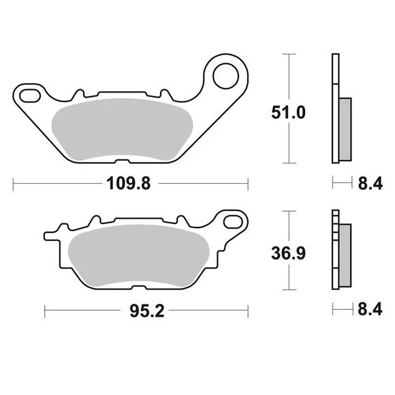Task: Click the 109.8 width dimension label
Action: [x=129, y=183]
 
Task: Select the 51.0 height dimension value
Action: [x=289, y=112]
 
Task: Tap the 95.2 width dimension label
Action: [x=147, y=311]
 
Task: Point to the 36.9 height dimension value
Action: [x=289, y=253]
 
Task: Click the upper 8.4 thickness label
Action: [x=370, y=183]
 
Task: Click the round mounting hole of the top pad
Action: [x=225, y=76]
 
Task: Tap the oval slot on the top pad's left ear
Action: [x=30, y=96]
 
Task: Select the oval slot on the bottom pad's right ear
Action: [x=233, y=222]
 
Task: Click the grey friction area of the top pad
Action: [x=122, y=129]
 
